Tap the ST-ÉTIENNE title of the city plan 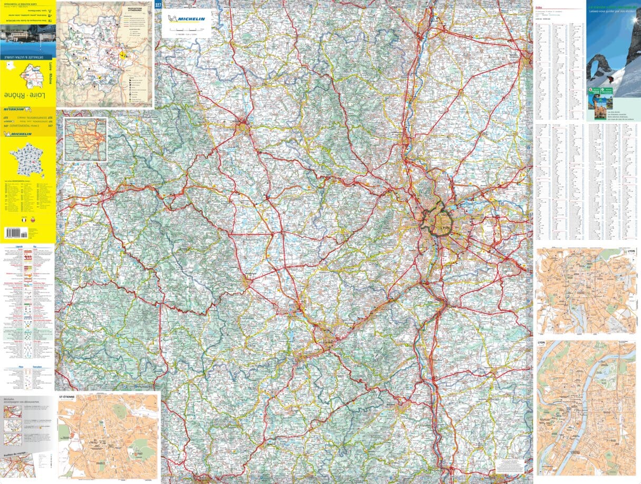pyautogui.click(x=66, y=395)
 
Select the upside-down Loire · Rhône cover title pyautogui.click(x=25, y=95)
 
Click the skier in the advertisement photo pyautogui.click(x=611, y=79)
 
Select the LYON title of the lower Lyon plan pyautogui.click(x=541, y=343)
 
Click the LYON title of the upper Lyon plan pyautogui.click(x=631, y=252)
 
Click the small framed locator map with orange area pyautogui.click(x=85, y=139)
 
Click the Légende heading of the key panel pyautogui.click(x=10, y=246)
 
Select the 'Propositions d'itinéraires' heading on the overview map pyautogui.click(x=135, y=10)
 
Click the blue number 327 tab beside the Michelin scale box pyautogui.click(x=158, y=5)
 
